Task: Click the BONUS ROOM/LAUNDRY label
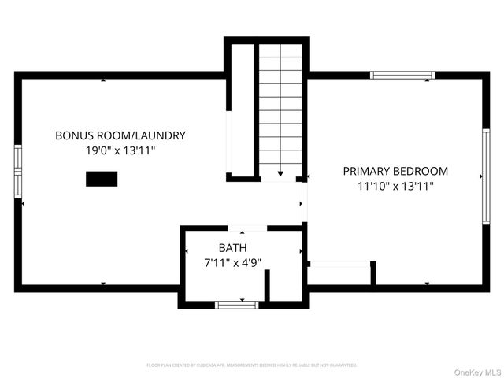coord(120,135)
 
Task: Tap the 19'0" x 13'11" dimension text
coord(120,151)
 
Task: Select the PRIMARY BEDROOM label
coord(395,171)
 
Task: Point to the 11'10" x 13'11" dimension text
coord(395,187)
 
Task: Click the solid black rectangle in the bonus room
coord(102,179)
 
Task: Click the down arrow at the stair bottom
coord(281,172)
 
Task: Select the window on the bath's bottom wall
coord(236,304)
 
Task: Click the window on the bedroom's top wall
coord(402,76)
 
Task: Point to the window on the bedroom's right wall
coord(486,177)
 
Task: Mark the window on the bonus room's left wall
coord(18,169)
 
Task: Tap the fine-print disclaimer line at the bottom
coord(252,365)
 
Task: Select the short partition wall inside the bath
coord(268,286)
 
